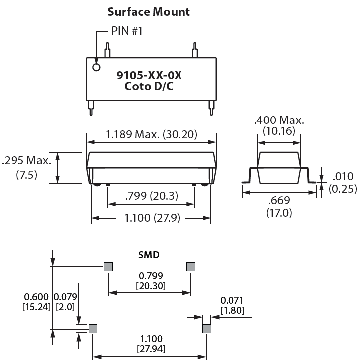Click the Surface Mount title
pos(149,11)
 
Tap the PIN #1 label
pos(127,31)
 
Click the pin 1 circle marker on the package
pos(97,67)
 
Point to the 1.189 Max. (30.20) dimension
pos(152,134)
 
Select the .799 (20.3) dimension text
pos(151,196)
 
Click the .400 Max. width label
pos(279,121)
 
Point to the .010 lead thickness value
pos(343,176)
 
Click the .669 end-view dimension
pos(279,201)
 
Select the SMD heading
pos(149,255)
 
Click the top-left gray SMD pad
pos(108,267)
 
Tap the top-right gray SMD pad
pos(190,267)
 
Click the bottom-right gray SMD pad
pos(207,328)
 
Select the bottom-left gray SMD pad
pos(92,328)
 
